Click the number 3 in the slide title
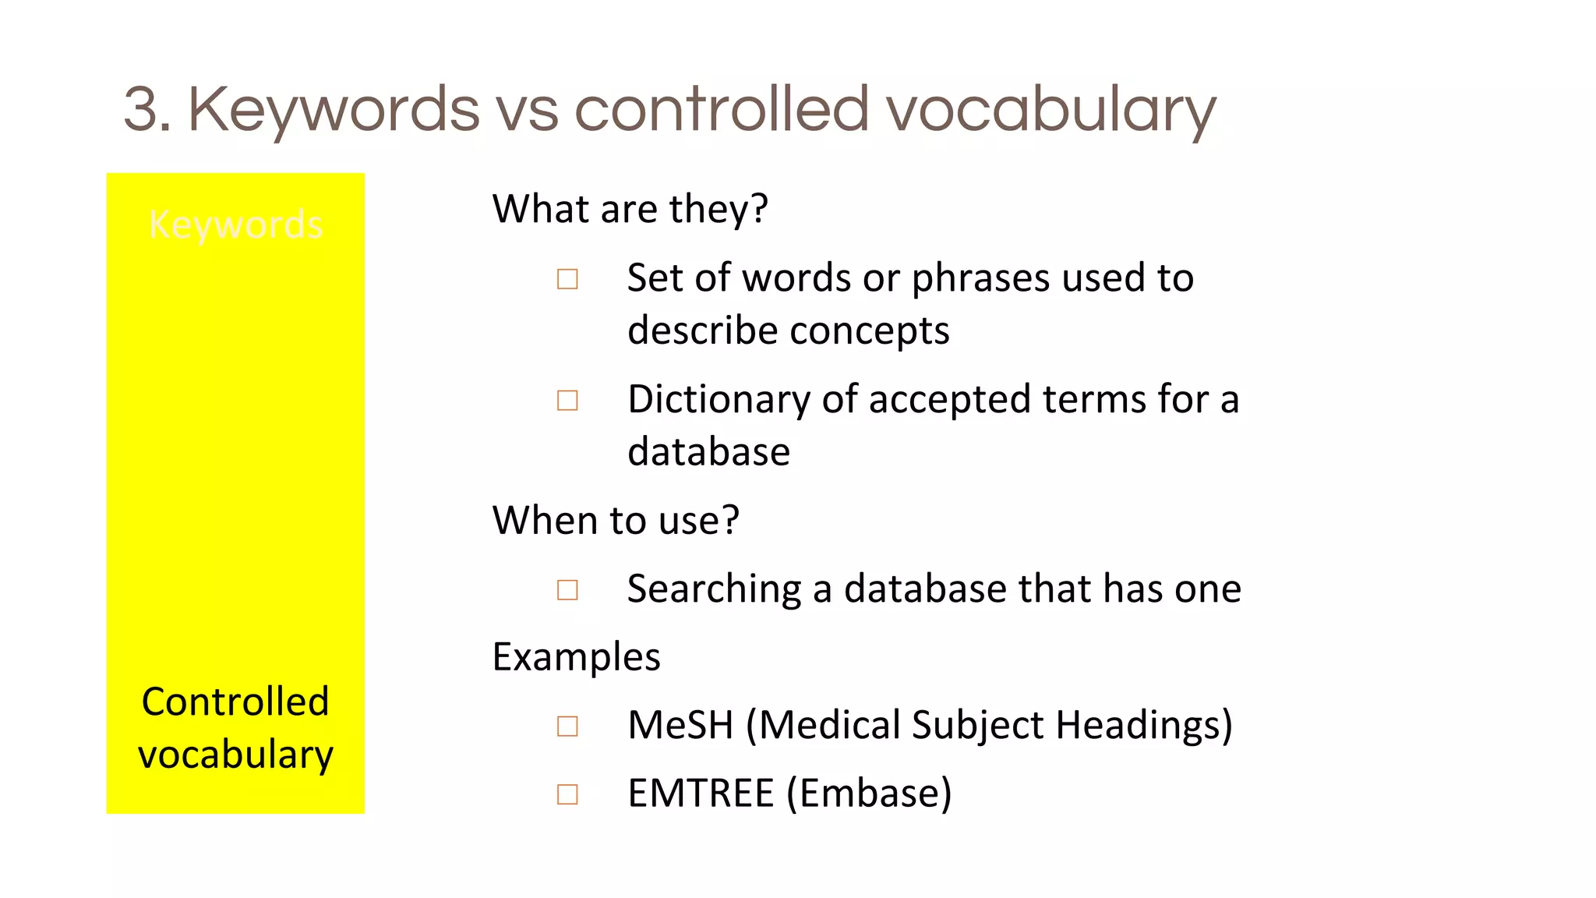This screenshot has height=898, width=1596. pyautogui.click(x=147, y=109)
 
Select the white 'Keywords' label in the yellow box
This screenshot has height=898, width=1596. pyautogui.click(x=235, y=224)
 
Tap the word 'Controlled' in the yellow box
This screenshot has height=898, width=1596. pyautogui.click(x=235, y=702)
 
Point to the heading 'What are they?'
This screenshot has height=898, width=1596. pyautogui.click(x=630, y=209)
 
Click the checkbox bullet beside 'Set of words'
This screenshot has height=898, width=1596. pyautogui.click(x=567, y=279)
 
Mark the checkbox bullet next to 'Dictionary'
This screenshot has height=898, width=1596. pyautogui.click(x=567, y=401)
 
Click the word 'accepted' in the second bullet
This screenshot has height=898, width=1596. pyautogui.click(x=949, y=400)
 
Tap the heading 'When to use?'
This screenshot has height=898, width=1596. pyautogui.click(x=616, y=520)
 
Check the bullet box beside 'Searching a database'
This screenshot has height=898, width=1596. pyautogui.click(x=567, y=590)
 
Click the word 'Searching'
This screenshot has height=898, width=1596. pyautogui.click(x=714, y=589)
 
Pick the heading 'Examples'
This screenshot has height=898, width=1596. pyautogui.click(x=577, y=656)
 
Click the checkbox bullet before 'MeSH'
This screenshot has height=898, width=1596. pyautogui.click(x=567, y=727)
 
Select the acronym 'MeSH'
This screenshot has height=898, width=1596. pyautogui.click(x=680, y=725)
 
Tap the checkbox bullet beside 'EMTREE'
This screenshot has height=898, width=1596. pyautogui.click(x=567, y=794)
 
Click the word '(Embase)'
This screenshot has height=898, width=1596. pyautogui.click(x=869, y=794)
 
